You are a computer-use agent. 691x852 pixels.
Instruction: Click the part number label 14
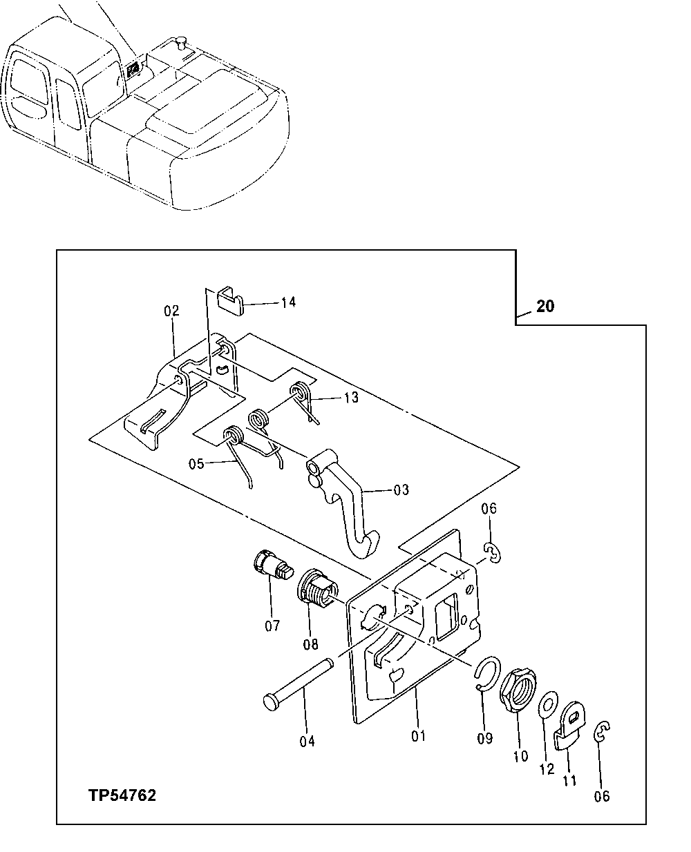click(x=288, y=302)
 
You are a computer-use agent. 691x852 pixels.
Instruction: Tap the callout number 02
click(x=171, y=311)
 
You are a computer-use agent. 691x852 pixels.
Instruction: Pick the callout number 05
click(x=196, y=463)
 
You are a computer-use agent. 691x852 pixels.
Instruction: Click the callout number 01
click(x=418, y=736)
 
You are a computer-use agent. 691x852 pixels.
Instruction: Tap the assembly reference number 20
click(x=545, y=306)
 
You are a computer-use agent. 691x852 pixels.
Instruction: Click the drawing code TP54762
click(x=122, y=795)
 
